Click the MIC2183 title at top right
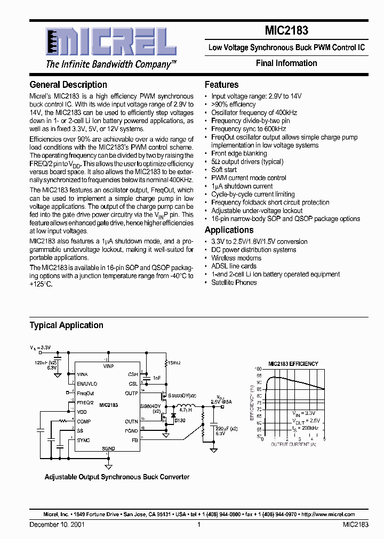(286, 31)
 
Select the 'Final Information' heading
(286, 63)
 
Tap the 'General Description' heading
(68, 85)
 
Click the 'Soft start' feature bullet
(225, 170)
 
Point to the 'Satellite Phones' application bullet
(234, 282)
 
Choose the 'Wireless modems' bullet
(236, 258)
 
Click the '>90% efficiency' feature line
(233, 104)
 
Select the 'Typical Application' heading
(66, 325)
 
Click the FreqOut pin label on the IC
(85, 394)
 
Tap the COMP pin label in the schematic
(83, 421)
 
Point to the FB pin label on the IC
(135, 440)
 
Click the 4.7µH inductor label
(185, 411)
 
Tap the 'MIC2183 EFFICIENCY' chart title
(293, 364)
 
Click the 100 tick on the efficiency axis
(258, 369)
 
